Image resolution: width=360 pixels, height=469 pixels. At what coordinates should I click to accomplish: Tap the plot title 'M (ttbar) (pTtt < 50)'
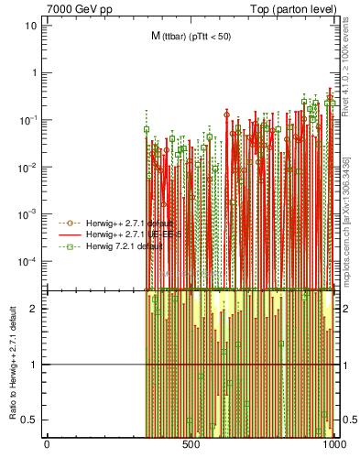(x=191, y=36)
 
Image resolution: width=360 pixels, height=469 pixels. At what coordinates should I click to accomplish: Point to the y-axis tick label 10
(x=30, y=25)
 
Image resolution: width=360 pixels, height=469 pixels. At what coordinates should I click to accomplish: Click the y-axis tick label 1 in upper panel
(x=34, y=72)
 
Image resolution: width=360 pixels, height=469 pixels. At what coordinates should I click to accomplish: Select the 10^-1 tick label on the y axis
(x=28, y=119)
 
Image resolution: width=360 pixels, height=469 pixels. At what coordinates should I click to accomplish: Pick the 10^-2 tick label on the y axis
(x=28, y=167)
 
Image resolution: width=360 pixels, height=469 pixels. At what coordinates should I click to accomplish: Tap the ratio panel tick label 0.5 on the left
(x=31, y=420)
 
